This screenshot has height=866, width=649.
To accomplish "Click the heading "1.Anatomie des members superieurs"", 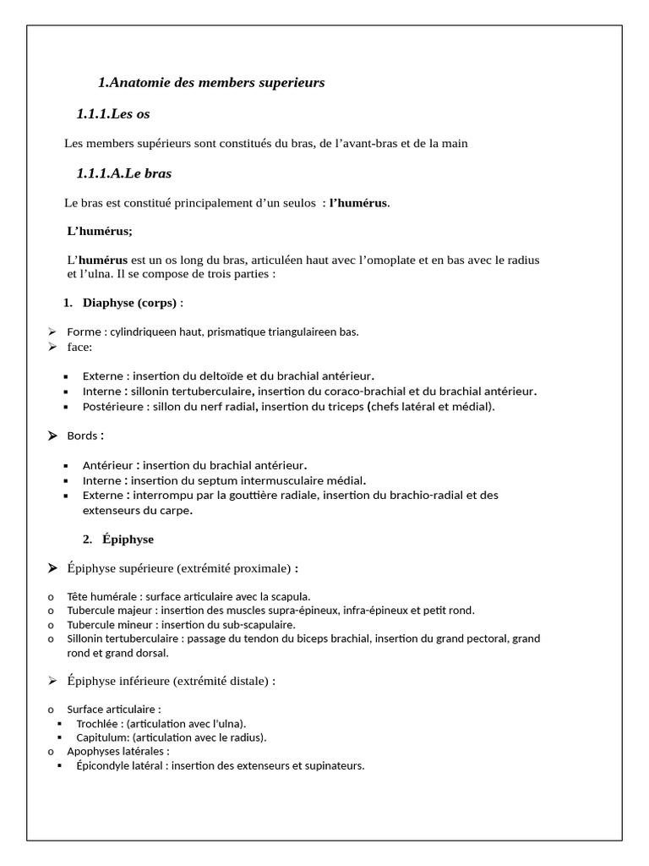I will tap(211, 83).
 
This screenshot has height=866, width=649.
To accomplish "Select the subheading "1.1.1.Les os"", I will tap(113, 113).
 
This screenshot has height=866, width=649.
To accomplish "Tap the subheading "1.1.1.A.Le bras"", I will tap(123, 173).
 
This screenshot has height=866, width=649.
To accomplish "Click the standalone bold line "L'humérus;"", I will tap(100, 230).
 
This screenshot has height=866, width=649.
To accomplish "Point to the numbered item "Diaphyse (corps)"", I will tap(129, 303).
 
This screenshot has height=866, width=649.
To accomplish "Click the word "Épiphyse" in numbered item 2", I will tap(128, 539).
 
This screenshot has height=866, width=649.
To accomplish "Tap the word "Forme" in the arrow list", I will tap(84, 332).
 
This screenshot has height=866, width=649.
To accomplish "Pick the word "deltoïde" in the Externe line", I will tap(242, 375).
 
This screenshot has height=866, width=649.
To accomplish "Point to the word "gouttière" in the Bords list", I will tap(263, 495).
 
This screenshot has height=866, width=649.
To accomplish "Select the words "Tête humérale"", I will tap(100, 596).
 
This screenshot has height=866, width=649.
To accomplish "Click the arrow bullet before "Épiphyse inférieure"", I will tap(52, 680).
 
